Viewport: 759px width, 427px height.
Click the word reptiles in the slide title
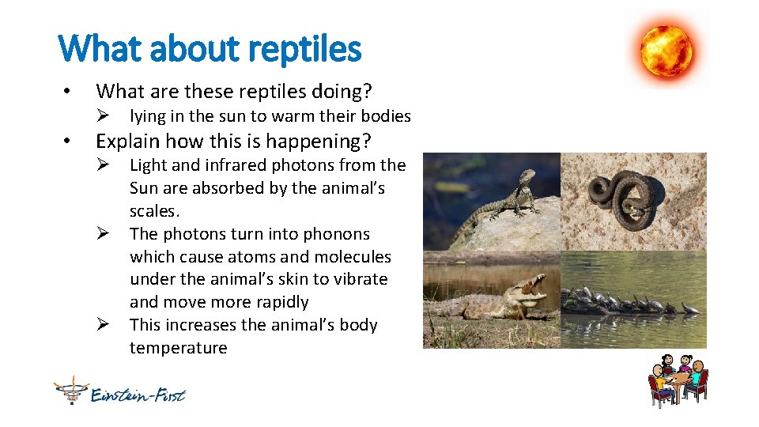(304, 49)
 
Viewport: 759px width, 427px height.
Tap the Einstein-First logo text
(138, 394)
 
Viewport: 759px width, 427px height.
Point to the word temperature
(178, 348)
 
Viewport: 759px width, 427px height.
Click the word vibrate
(361, 279)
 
